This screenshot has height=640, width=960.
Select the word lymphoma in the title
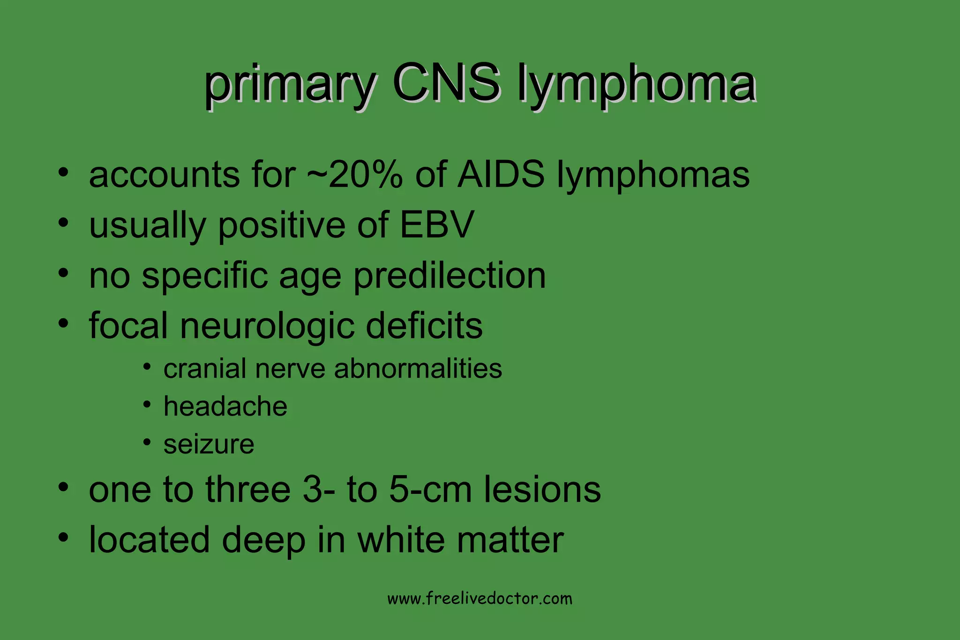pos(636,84)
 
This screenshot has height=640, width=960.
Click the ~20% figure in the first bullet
pos(355,174)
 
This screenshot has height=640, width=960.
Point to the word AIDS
pos(501,174)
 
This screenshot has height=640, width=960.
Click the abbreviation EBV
pos(437,225)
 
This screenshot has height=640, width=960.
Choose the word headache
pos(225,406)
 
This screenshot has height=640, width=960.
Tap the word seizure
pos(209,444)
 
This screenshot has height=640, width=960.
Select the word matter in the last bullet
pos(510,540)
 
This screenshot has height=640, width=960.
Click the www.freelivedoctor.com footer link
pos(480,599)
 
